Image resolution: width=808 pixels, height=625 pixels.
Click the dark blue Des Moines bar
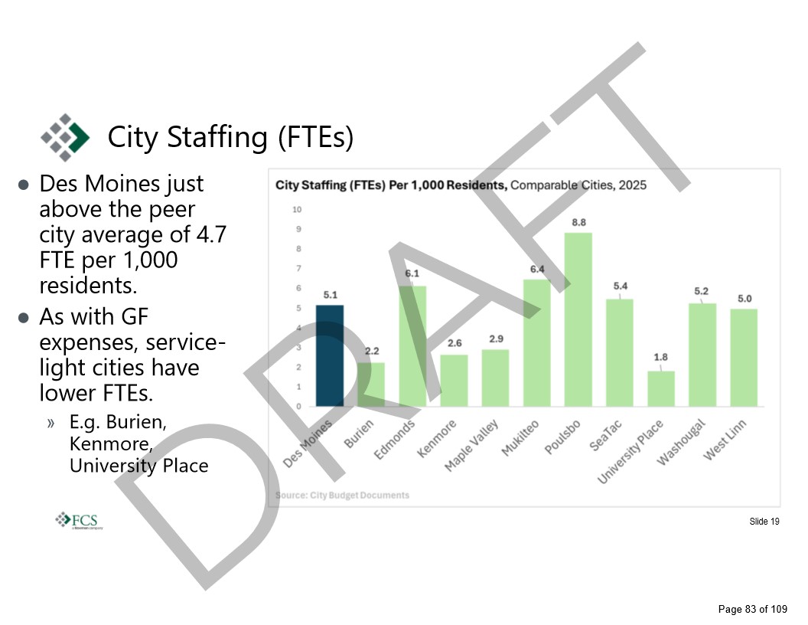point(330,355)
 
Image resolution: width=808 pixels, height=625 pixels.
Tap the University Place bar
point(661,388)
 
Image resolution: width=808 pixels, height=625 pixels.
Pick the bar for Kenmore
point(454,380)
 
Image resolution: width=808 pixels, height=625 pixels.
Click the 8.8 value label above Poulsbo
point(578,222)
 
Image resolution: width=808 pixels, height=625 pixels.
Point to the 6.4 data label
point(537,269)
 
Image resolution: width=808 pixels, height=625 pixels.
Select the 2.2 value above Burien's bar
point(372,351)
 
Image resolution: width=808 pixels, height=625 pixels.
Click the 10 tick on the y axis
point(298,209)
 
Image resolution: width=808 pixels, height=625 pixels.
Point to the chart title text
point(461,185)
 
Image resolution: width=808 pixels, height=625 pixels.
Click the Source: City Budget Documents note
point(342,495)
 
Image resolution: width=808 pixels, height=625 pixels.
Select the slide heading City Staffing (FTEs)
point(230,137)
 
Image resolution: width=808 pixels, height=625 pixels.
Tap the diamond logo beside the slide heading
point(64,137)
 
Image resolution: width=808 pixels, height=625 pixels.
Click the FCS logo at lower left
point(80,520)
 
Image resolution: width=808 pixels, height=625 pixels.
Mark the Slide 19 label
point(764,522)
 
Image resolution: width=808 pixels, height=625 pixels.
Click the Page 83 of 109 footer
point(752,610)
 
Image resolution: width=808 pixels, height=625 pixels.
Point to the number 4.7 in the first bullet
point(211,234)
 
